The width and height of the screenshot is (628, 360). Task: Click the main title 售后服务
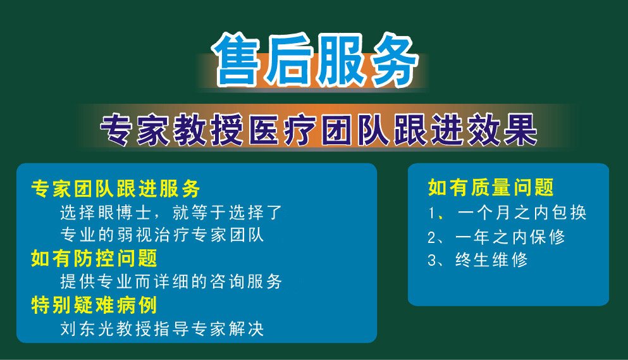315,60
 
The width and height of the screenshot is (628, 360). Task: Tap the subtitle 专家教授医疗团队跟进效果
318,130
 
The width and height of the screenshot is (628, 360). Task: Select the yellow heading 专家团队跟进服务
115,189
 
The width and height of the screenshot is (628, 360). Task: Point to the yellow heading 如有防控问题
94,259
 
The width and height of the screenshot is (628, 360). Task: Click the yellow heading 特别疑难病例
94,305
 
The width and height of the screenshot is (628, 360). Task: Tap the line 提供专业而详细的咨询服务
171,282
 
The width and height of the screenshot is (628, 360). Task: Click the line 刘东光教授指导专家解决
162,329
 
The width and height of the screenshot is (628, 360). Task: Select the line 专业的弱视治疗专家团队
162,235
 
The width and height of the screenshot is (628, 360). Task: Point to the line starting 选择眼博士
171,213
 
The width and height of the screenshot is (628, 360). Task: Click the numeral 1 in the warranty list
431,213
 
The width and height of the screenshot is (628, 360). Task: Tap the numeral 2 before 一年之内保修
431,237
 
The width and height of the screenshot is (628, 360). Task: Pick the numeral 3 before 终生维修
431,261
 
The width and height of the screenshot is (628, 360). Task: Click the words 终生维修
491,260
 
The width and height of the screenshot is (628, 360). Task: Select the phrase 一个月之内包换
522,213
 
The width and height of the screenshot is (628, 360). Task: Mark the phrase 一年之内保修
510,237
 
